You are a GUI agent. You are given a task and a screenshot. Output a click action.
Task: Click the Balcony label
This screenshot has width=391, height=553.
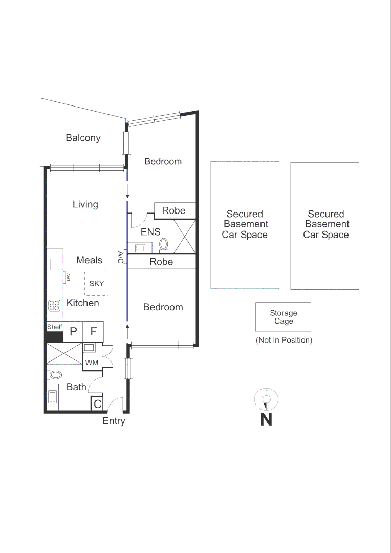(83, 138)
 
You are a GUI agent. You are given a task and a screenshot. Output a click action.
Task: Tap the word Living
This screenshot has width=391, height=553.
(85, 204)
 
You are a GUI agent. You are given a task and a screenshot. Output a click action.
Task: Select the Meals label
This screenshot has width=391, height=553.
(89, 260)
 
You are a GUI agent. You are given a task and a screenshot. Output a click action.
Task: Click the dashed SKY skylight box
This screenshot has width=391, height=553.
(97, 283)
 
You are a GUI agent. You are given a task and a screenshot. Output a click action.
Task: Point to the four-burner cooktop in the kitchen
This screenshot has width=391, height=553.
(54, 305)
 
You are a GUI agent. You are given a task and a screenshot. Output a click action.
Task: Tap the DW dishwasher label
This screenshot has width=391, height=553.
(67, 277)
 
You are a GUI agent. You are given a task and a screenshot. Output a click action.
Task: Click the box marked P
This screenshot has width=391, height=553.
(73, 331)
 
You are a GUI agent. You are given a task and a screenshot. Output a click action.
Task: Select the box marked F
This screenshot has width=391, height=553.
(93, 331)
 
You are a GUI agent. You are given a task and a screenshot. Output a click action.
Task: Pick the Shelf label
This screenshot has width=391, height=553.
(54, 327)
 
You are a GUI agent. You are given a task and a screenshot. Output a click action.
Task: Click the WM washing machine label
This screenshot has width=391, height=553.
(92, 363)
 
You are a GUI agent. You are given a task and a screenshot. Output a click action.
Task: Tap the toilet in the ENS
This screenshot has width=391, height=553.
(164, 245)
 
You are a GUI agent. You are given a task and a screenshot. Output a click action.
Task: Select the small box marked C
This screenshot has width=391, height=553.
(97, 404)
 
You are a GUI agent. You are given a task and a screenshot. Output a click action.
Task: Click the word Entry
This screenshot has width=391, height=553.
(114, 421)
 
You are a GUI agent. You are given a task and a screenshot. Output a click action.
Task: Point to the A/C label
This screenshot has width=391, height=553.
(121, 257)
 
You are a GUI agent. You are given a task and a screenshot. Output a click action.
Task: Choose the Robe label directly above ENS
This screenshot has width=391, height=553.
(173, 210)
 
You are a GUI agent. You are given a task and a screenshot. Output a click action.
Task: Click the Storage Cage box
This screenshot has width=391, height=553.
(284, 317)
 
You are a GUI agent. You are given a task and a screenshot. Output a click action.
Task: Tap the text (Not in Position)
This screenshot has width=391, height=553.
(284, 340)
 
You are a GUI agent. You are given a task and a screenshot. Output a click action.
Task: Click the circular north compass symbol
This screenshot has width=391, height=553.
(266, 399)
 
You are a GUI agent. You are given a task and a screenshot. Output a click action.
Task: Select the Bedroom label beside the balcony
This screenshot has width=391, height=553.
(163, 161)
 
